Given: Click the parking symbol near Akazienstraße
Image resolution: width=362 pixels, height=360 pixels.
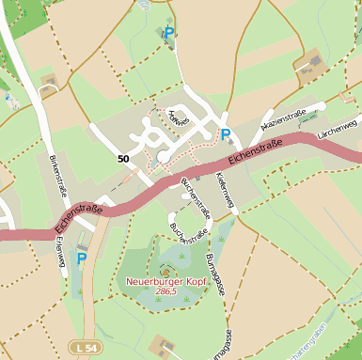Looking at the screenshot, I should [226, 134].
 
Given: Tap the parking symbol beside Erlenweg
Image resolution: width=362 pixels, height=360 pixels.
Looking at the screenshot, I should [82, 258].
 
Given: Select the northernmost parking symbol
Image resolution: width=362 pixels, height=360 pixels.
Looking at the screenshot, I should [168, 33].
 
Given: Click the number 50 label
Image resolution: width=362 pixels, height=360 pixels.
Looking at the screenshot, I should [123, 159].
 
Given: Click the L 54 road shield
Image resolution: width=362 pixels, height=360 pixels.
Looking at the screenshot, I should [85, 349].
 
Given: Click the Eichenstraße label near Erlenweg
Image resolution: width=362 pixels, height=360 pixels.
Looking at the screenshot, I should [78, 215].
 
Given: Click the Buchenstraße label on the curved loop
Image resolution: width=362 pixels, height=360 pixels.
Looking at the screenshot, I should [187, 228].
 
